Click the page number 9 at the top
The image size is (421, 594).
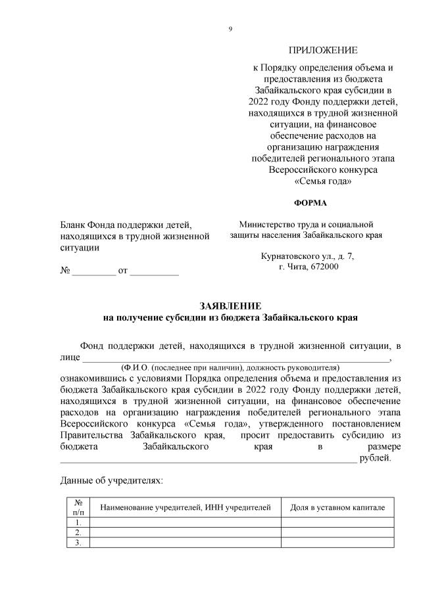click(230, 28)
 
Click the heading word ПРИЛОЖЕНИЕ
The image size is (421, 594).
click(323, 51)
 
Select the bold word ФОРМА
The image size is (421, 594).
click(309, 202)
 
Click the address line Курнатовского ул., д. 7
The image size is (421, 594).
click(307, 257)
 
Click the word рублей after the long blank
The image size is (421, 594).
click(375, 458)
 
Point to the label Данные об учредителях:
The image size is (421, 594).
click(111, 481)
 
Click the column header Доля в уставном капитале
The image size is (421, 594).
click(333, 507)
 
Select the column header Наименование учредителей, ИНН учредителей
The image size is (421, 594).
click(185, 507)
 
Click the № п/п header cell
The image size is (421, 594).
click(78, 507)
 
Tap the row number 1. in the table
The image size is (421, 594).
click(78, 522)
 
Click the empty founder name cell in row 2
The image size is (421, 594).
click(185, 532)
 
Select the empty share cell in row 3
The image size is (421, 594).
click(333, 543)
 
